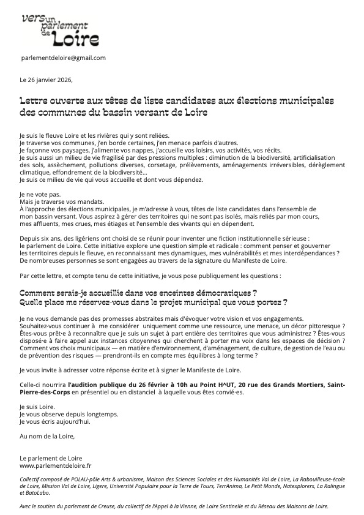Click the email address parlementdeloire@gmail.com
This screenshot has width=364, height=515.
click(63, 58)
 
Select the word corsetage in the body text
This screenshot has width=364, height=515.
click(165, 165)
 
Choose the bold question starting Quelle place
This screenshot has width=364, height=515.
click(154, 303)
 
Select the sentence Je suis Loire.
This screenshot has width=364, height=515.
click(35, 407)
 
